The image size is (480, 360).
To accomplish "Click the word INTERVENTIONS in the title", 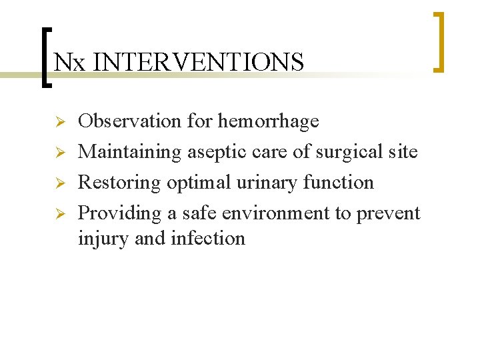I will [x=199, y=63].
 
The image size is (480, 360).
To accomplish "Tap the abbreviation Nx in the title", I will [x=70, y=63].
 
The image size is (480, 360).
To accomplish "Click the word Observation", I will [x=130, y=121].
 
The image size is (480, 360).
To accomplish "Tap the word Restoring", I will [x=121, y=183].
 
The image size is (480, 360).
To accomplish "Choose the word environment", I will [x=280, y=213].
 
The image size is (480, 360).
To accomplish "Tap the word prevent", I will [x=389, y=214].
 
